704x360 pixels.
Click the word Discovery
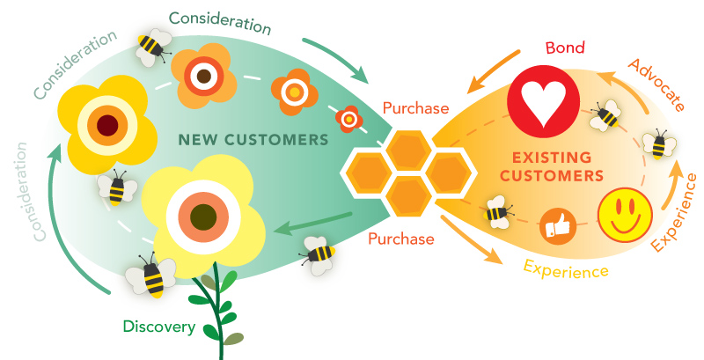coord(159,327)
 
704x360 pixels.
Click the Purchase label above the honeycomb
coord(416,109)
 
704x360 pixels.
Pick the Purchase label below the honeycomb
coord(401,239)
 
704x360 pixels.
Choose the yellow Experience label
coord(566,268)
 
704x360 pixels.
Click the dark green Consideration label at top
coord(219,18)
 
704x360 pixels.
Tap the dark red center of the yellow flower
coord(107,123)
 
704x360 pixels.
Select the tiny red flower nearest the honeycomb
coord(350,117)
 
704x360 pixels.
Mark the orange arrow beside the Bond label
coord(491,71)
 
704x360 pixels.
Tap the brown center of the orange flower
coord(204,76)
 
